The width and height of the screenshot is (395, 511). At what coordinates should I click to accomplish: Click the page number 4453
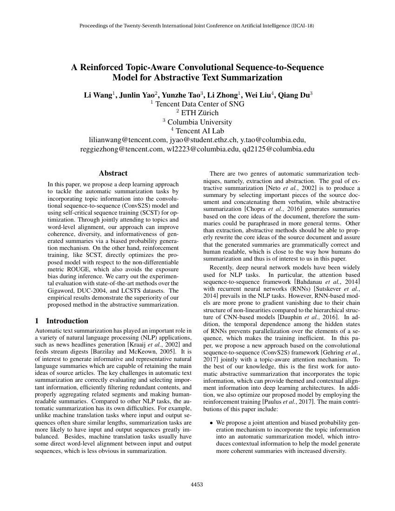[x=197, y=485]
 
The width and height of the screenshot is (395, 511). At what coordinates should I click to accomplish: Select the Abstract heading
[x=113, y=173]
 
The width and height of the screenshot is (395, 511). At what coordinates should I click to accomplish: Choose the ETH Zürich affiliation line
[x=197, y=113]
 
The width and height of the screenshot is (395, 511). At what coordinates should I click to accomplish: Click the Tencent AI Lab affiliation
[x=197, y=131]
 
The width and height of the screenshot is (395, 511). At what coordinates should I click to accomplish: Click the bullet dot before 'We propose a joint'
[x=211, y=423]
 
